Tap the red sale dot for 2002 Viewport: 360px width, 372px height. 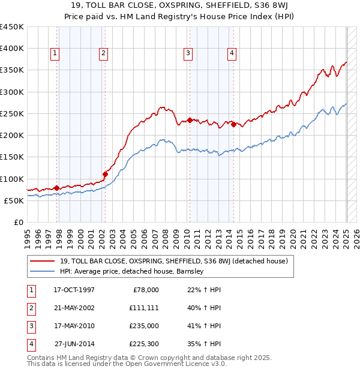pyautogui.click(x=105, y=174)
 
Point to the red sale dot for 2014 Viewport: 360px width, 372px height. pyautogui.click(x=233, y=124)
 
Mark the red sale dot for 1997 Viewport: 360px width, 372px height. pyautogui.click(x=57, y=188)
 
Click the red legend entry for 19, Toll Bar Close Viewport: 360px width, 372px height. pyautogui.click(x=174, y=261)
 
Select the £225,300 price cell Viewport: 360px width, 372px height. pyautogui.click(x=143, y=344)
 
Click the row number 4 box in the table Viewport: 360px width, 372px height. pyautogui.click(x=30, y=344)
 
